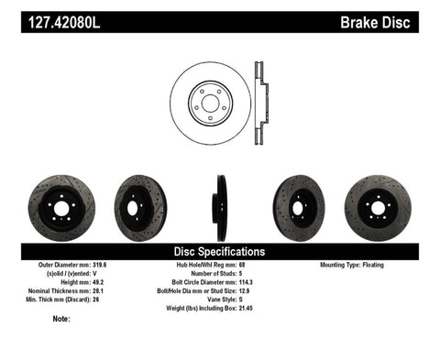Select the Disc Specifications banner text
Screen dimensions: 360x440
220,251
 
